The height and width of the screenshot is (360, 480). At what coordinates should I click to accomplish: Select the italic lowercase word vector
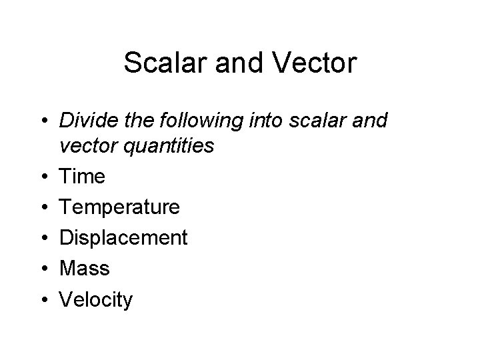click(x=89, y=145)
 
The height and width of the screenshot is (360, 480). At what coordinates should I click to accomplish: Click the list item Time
click(x=82, y=177)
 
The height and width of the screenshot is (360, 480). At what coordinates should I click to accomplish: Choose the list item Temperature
click(x=119, y=207)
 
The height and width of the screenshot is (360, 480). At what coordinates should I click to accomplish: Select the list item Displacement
click(x=123, y=238)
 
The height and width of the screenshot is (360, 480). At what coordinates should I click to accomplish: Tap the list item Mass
click(x=84, y=269)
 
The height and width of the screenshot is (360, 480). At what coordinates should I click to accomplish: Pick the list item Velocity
click(x=96, y=300)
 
